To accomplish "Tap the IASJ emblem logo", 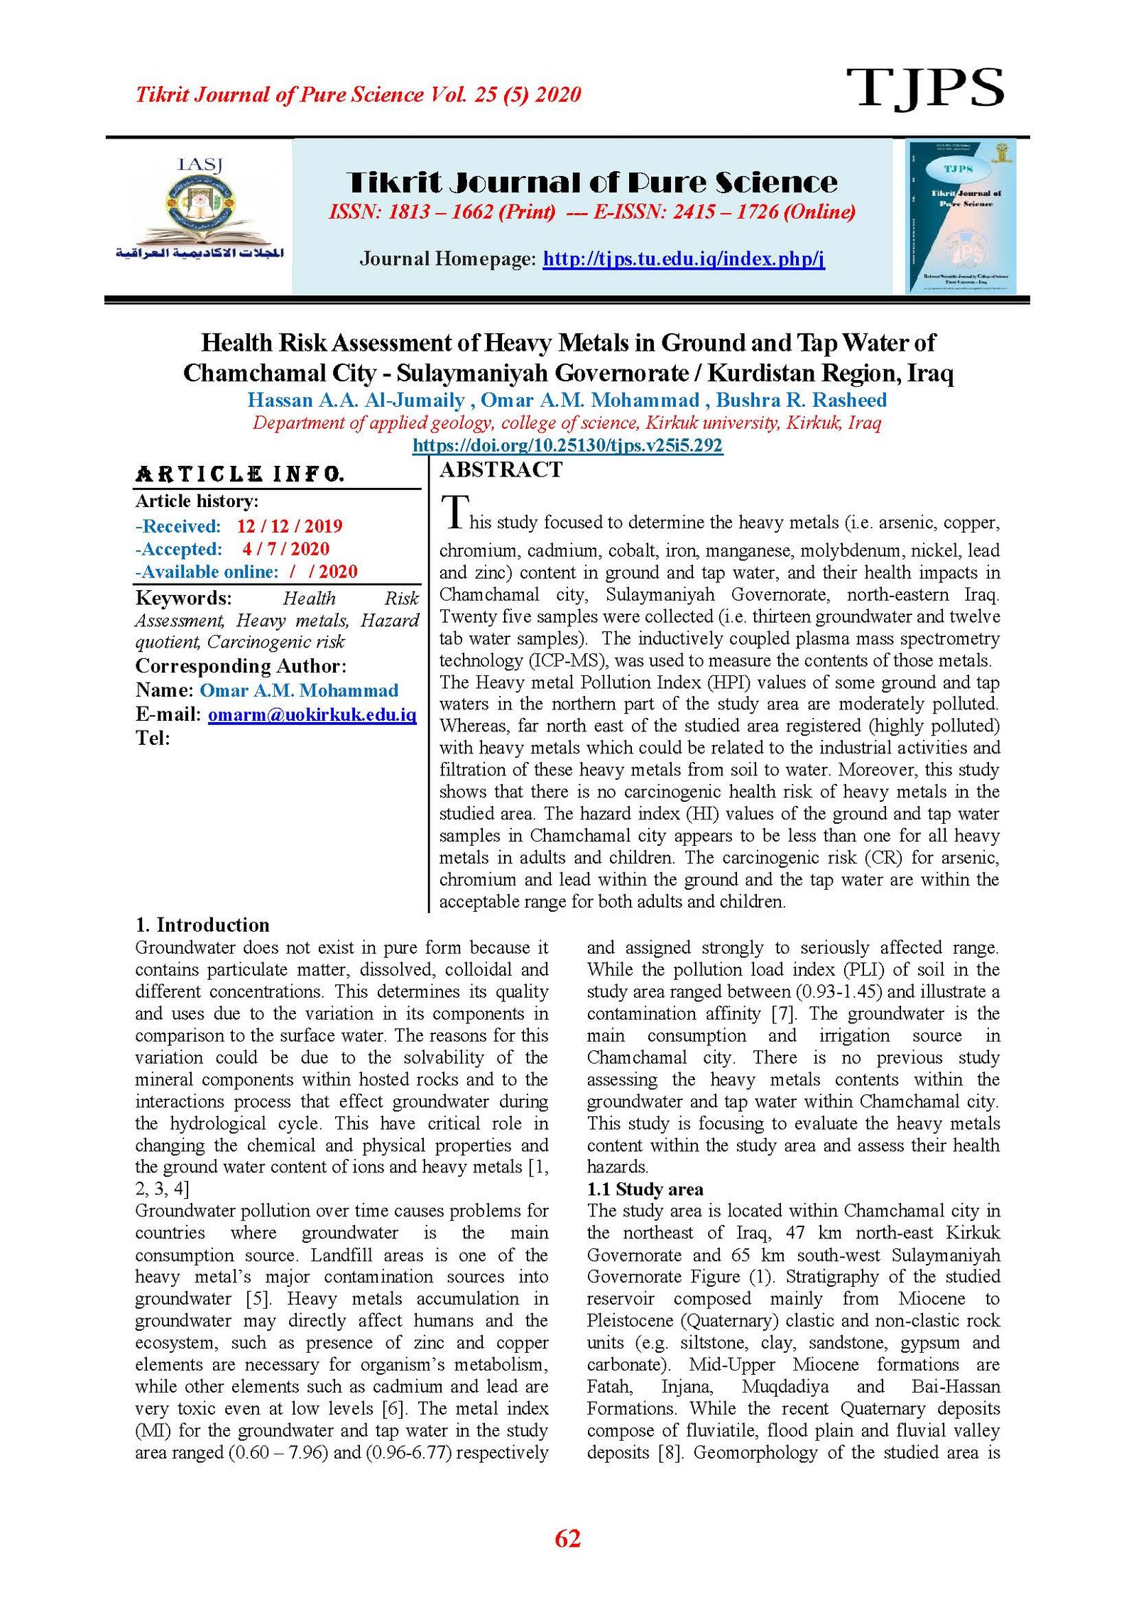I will tap(200, 210).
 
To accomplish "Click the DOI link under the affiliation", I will tap(567, 446).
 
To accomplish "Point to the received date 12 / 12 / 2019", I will tap(289, 526).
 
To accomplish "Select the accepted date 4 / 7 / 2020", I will tap(285, 549).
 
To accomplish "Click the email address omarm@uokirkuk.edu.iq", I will tap(312, 714).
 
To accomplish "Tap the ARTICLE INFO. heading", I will tap(239, 474).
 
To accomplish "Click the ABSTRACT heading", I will tap(501, 470).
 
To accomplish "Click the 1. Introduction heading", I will tap(202, 925).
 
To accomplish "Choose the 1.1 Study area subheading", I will tap(645, 1189).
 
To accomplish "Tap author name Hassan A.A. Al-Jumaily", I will tap(356, 401).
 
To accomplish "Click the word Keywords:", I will tap(183, 598).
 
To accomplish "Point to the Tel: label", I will tap(153, 738).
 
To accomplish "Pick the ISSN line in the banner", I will tap(591, 212).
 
